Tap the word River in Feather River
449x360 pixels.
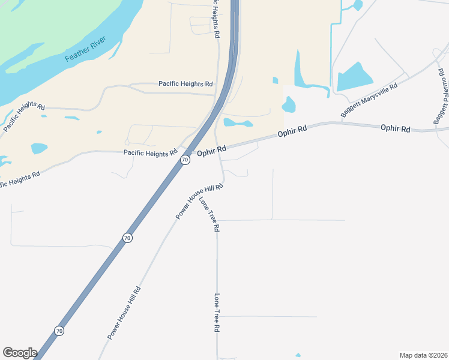tap(97, 42)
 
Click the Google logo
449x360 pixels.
tap(20, 353)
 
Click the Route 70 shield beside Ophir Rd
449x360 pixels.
tap(185, 160)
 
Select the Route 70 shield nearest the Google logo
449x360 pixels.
tap(59, 331)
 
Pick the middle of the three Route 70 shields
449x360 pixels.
tap(127, 238)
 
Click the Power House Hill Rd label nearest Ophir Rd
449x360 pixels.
tap(199, 201)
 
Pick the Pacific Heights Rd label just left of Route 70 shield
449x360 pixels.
tap(150, 153)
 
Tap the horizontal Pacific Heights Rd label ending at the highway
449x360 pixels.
tap(185, 84)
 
